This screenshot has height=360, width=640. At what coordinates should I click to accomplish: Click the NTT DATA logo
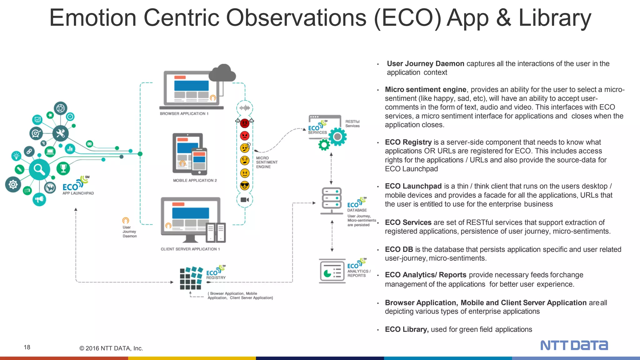pyautogui.click(x=574, y=345)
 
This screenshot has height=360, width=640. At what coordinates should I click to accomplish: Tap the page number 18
pyautogui.click(x=27, y=347)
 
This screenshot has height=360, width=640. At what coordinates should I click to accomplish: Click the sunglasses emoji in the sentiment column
pyautogui.click(x=245, y=186)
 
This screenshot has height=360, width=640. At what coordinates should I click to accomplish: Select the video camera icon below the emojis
pyautogui.click(x=245, y=200)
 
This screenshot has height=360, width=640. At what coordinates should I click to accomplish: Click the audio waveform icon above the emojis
pyautogui.click(x=245, y=108)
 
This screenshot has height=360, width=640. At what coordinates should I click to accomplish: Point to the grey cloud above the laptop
pyautogui.click(x=222, y=73)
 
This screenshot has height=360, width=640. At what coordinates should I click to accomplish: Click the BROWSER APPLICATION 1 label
pyautogui.click(x=184, y=114)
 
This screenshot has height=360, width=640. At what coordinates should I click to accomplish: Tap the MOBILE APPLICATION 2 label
pyautogui.click(x=195, y=181)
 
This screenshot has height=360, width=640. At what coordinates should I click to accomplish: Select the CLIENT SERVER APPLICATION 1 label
pyautogui.click(x=190, y=249)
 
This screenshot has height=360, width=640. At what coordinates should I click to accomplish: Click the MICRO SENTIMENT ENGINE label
pyautogui.click(x=266, y=162)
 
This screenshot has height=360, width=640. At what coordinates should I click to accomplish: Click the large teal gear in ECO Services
pyautogui.click(x=337, y=137)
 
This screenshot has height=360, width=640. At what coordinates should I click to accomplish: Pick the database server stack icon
pyautogui.click(x=332, y=200)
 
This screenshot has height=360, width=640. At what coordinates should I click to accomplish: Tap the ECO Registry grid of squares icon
pyautogui.click(x=191, y=278)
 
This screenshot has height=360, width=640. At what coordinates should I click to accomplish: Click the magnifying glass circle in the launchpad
pyautogui.click(x=39, y=169)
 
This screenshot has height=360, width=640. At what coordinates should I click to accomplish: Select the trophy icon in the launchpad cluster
pyautogui.click(x=63, y=168)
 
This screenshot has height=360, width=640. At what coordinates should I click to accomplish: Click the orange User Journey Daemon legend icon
pyautogui.click(x=126, y=221)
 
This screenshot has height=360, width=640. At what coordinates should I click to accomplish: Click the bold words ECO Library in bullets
pyautogui.click(x=406, y=329)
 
